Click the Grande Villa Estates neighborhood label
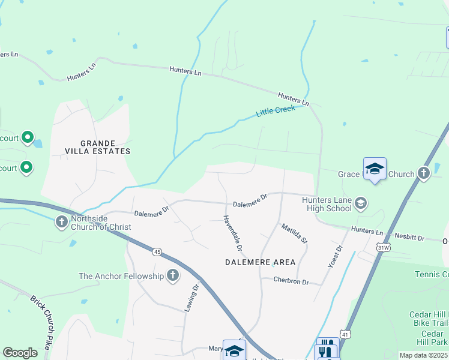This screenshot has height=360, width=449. click(x=106, y=147)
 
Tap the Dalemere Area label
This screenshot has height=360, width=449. click(x=260, y=262)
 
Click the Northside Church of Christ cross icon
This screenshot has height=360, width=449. click(x=61, y=222)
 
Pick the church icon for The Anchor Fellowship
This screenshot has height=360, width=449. click(x=173, y=276)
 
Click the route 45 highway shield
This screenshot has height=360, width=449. click(x=157, y=251)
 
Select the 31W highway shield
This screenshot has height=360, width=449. click(x=383, y=247)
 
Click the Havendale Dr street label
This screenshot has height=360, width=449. click(x=233, y=233)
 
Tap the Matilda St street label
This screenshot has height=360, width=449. click(x=294, y=233)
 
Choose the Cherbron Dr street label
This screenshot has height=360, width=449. click(x=291, y=281)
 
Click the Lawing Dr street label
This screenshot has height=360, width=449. click(x=191, y=298)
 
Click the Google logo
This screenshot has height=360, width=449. click(x=20, y=353)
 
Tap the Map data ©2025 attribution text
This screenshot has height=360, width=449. click(x=424, y=355)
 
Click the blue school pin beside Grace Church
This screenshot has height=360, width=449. click(x=375, y=169)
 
